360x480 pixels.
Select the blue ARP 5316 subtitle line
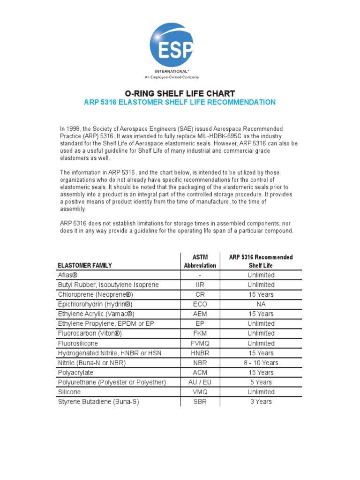[180, 102]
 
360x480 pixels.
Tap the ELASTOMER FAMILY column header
[84, 265]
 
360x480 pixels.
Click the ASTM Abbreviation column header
[200, 261]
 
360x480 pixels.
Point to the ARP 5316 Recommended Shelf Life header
[261, 261]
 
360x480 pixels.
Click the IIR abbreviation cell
[200, 285]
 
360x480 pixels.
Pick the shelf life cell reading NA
[261, 304]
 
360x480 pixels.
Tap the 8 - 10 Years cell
[261, 363]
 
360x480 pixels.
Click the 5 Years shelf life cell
[261, 382]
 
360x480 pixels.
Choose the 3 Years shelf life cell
[261, 402]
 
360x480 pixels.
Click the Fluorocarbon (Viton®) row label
[90, 333]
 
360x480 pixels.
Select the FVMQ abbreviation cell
[200, 343]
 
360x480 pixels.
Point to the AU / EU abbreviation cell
[200, 382]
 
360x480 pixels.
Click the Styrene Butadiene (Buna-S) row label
[98, 402]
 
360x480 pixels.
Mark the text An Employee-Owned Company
[171, 77]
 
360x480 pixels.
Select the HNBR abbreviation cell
[200, 353]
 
